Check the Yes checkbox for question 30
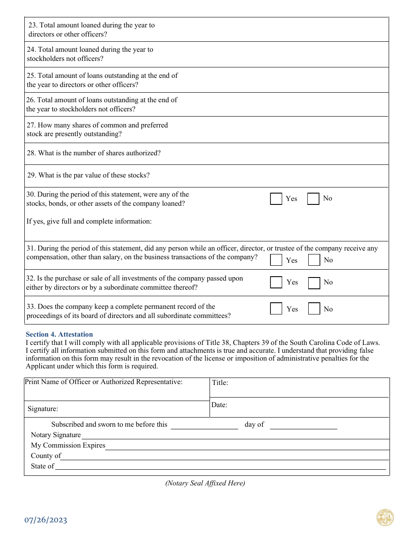(x=276, y=199)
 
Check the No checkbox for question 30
(x=313, y=199)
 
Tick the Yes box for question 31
(x=276, y=260)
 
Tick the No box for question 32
(x=314, y=283)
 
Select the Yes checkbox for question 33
(x=276, y=309)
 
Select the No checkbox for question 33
(x=314, y=309)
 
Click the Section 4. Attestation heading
(x=59, y=334)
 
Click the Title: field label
(x=220, y=383)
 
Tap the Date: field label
(x=219, y=405)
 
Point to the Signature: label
(x=43, y=409)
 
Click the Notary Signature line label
(x=56, y=435)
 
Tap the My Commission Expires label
(x=68, y=445)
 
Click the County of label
(x=46, y=456)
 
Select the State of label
(x=42, y=466)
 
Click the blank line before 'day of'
(x=204, y=426)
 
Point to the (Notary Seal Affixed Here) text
(x=205, y=483)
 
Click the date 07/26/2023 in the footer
(x=46, y=520)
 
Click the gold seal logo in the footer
(x=385, y=518)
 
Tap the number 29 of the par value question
(x=31, y=175)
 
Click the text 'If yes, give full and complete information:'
(x=89, y=221)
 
